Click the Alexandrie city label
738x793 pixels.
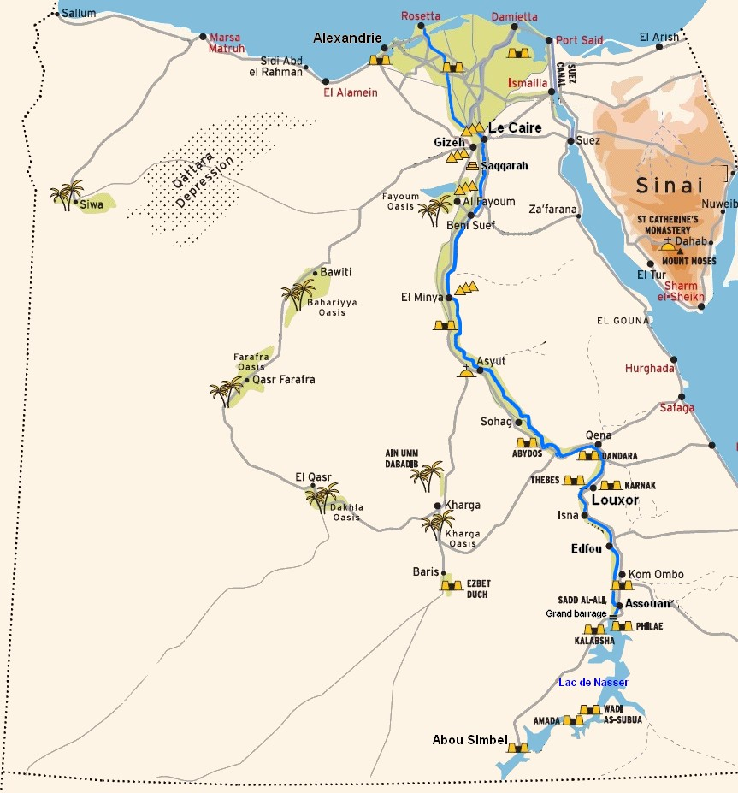pyautogui.click(x=347, y=38)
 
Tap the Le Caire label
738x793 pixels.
pyautogui.click(x=515, y=128)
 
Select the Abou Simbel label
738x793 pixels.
pyautogui.click(x=469, y=740)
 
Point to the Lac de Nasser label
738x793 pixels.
pyautogui.click(x=593, y=682)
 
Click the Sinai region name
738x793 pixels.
pyautogui.click(x=669, y=186)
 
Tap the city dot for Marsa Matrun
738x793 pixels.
pyautogui.click(x=203, y=38)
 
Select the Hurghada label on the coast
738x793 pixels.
pyautogui.click(x=649, y=368)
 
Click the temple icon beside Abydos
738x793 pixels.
pyautogui.click(x=528, y=443)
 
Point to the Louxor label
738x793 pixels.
pyautogui.click(x=615, y=500)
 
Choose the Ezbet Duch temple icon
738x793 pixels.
pyautogui.click(x=451, y=586)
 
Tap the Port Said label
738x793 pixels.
pyautogui.click(x=579, y=40)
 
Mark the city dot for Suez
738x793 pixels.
pyautogui.click(x=570, y=140)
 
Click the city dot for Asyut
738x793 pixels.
pyautogui.click(x=480, y=370)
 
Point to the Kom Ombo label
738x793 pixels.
pyautogui.click(x=656, y=574)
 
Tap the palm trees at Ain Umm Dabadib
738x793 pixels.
pyautogui.click(x=427, y=476)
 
